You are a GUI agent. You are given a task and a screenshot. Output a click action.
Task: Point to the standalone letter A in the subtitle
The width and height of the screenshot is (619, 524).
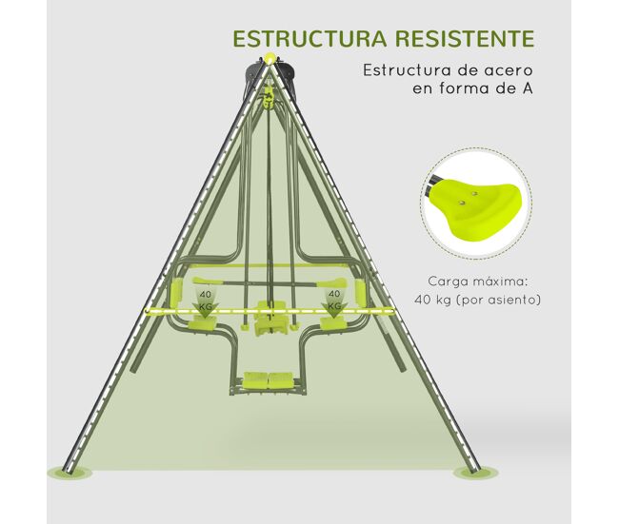pyautogui.click(x=527, y=87)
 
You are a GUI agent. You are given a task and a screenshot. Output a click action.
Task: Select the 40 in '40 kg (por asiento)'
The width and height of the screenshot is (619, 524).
pyautogui.click(x=421, y=301)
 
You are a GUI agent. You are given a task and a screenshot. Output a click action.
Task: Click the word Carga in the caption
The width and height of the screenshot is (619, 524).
pyautogui.click(x=448, y=281)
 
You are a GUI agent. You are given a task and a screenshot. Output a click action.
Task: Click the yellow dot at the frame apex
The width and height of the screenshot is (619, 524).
pyautogui.click(x=270, y=58)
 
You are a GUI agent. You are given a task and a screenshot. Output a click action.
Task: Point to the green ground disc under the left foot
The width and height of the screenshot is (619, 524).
pyautogui.click(x=70, y=472)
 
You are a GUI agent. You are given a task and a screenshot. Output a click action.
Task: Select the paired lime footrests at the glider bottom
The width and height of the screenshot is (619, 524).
pyautogui.click(x=269, y=379)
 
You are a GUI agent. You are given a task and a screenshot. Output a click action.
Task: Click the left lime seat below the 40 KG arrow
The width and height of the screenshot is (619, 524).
pyautogui.click(x=202, y=324)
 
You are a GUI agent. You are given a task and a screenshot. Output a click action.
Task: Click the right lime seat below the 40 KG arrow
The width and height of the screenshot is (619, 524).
pyautogui.click(x=333, y=324)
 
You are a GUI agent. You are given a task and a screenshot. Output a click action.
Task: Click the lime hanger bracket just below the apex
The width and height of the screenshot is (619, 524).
pyautogui.click(x=269, y=99)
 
